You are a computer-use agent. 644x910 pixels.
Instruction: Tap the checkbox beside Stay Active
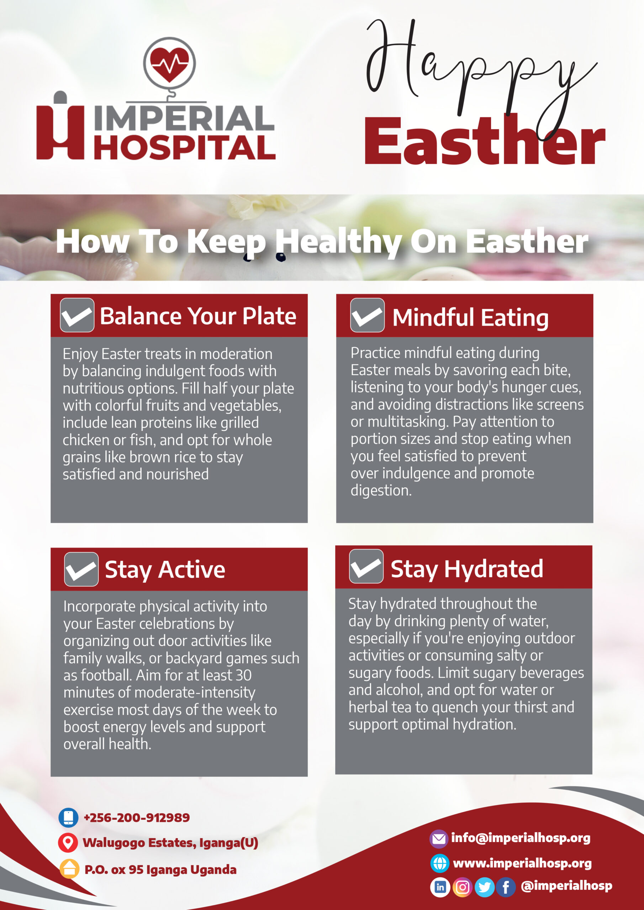pos(81,569)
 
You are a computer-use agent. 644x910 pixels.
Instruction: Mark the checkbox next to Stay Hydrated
pos(366,566)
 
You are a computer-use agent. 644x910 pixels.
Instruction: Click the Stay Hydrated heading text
pos(466,569)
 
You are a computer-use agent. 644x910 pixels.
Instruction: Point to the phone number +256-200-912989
pos(137,818)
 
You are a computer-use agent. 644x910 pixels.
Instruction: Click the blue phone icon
pos(68,818)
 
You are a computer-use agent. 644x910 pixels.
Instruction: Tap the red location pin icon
pos(68,842)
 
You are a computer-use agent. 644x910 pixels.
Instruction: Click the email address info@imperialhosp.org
pos(521,838)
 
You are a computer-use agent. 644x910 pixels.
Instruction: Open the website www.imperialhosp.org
pos(522,863)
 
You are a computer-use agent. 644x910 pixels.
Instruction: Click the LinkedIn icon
pos(440,887)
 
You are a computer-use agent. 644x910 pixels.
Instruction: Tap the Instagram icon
pos(462,887)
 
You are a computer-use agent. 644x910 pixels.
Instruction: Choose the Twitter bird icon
pos(485,887)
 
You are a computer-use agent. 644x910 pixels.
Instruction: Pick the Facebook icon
pos(506,887)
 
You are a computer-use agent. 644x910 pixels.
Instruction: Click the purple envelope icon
pos(438,839)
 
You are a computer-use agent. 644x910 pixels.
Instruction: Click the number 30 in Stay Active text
pos(243,675)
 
